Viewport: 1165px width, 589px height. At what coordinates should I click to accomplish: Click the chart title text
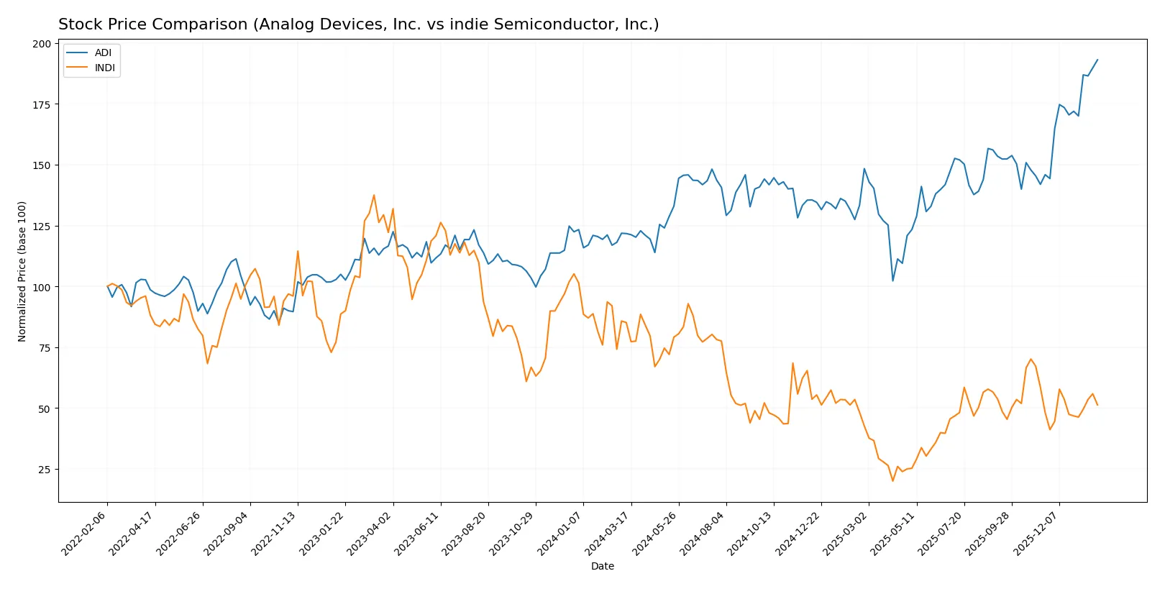(x=358, y=24)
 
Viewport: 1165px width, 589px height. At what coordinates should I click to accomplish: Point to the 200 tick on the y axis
(x=42, y=44)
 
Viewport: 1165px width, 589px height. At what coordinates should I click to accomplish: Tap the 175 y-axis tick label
(x=42, y=104)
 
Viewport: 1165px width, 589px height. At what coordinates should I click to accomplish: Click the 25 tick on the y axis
(x=45, y=470)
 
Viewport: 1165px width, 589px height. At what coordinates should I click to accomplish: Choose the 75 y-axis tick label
(x=45, y=348)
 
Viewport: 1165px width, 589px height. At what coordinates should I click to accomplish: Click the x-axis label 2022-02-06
(x=84, y=533)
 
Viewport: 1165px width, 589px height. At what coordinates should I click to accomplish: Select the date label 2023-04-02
(x=370, y=533)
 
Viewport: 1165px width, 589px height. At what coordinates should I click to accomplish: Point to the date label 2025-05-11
(x=893, y=533)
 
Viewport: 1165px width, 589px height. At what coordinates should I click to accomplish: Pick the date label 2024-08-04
(x=703, y=533)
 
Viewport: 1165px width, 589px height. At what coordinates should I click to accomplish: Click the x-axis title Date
(x=602, y=566)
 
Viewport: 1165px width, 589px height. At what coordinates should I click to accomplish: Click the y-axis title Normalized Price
(x=22, y=271)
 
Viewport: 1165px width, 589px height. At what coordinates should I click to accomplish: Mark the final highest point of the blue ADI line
(x=1097, y=60)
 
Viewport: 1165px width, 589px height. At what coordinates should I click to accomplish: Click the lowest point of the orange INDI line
(x=893, y=480)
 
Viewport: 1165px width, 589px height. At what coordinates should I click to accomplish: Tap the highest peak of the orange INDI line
(x=374, y=195)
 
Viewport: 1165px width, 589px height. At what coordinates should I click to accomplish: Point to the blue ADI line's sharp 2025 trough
(x=893, y=280)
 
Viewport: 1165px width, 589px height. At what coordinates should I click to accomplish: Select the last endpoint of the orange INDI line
(x=1097, y=405)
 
